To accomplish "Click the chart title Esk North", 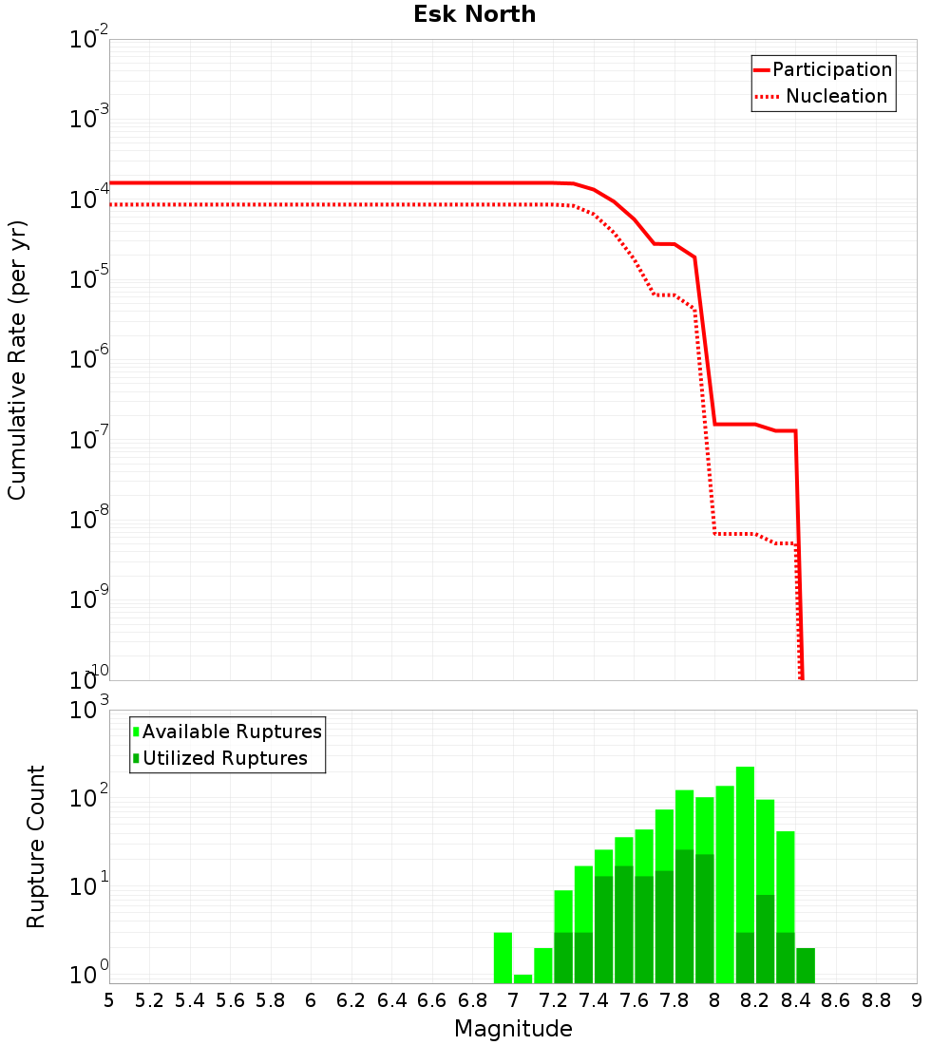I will tap(474, 14).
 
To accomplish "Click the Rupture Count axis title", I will tap(36, 846).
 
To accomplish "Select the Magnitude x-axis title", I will tap(513, 1029).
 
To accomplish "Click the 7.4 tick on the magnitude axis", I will tap(594, 1000).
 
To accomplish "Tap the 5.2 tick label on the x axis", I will tap(150, 1000).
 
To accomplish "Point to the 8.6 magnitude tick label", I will tap(836, 1000).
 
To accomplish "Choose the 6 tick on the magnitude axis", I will tap(311, 1000).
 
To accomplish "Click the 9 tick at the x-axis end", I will tap(917, 1000).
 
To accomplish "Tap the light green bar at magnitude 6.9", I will tap(503, 958).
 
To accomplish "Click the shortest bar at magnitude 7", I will tap(522, 978).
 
